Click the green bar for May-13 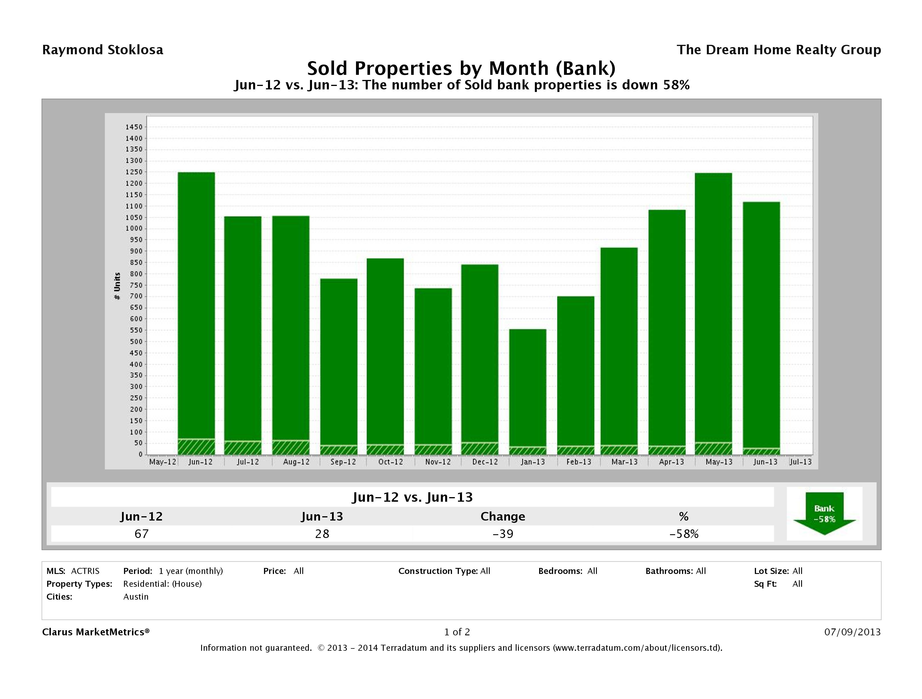click(x=713, y=308)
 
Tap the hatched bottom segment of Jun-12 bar click(x=196, y=447)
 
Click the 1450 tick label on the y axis click(x=134, y=127)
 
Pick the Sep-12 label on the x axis click(x=343, y=462)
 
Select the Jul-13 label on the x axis click(x=800, y=462)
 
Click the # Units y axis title click(x=117, y=286)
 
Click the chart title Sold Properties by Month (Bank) click(x=461, y=68)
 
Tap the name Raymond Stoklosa click(x=103, y=50)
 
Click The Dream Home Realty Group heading click(x=779, y=50)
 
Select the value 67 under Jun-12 click(x=141, y=534)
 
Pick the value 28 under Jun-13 click(x=322, y=534)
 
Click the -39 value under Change click(x=503, y=534)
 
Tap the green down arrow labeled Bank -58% click(x=824, y=513)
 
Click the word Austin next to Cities click(x=136, y=596)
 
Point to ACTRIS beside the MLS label click(x=85, y=571)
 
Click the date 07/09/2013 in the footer click(x=852, y=632)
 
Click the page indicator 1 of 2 click(x=457, y=632)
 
